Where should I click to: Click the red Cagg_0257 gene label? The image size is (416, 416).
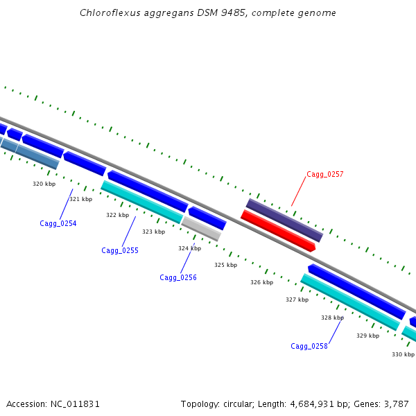tap(325, 174)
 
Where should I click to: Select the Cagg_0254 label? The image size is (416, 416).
tap(58, 224)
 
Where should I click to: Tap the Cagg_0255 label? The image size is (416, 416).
tap(120, 251)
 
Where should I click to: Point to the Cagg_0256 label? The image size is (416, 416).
tap(178, 278)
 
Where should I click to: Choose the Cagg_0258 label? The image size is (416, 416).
tap(309, 346)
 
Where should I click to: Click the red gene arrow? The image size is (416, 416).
tap(278, 231)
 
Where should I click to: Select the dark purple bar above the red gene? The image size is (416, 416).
tap(285, 220)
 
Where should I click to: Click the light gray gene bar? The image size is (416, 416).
tap(201, 229)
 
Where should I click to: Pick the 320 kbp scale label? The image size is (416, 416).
tap(44, 184)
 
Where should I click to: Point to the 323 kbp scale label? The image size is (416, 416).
tap(154, 232)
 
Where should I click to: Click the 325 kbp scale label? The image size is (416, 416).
tap(226, 265)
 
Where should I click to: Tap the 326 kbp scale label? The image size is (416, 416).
tap(262, 282)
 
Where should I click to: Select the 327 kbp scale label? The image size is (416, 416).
tap(297, 300)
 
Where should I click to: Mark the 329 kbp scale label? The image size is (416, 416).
tap(368, 336)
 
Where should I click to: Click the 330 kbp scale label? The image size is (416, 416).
tap(404, 354)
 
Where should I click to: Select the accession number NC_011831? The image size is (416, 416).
tap(75, 404)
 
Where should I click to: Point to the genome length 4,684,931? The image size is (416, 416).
tap(312, 404)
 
